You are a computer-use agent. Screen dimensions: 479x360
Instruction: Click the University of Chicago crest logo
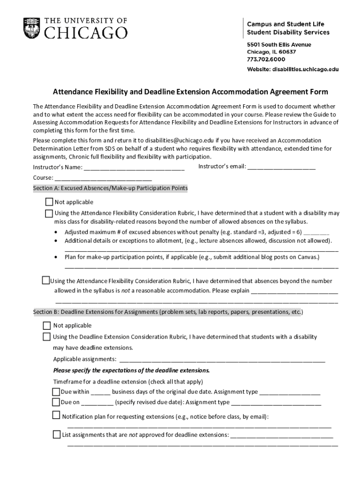[x=32, y=28]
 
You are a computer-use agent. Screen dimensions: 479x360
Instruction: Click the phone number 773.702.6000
[x=266, y=59]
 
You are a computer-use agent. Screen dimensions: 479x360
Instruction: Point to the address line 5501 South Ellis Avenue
[x=279, y=44]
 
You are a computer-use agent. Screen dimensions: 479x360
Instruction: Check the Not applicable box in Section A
[x=49, y=202]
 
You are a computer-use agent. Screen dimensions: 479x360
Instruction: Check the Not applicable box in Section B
[x=47, y=326]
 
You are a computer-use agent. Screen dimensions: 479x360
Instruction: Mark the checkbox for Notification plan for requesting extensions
[x=56, y=415]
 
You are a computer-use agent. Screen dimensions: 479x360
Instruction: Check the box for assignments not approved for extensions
[x=57, y=435]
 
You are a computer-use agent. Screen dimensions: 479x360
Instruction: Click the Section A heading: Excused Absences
[x=110, y=189]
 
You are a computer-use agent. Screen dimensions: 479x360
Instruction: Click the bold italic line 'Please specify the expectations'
[x=131, y=370]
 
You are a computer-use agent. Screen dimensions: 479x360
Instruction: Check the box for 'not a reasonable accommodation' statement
[x=45, y=281]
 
